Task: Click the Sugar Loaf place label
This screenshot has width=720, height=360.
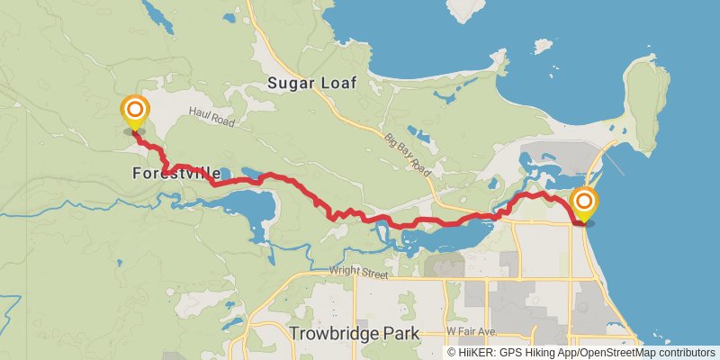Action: (x=312, y=83)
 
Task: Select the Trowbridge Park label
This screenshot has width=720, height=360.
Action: (x=355, y=334)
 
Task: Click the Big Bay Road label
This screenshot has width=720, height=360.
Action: (x=408, y=155)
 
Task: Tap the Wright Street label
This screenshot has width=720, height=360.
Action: (x=357, y=269)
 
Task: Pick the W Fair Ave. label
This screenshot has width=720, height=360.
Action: (x=472, y=332)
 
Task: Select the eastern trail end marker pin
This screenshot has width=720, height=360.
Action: (x=584, y=202)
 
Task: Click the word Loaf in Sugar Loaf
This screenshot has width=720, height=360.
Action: (x=339, y=83)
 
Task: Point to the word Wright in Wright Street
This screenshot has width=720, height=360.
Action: (x=344, y=269)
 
